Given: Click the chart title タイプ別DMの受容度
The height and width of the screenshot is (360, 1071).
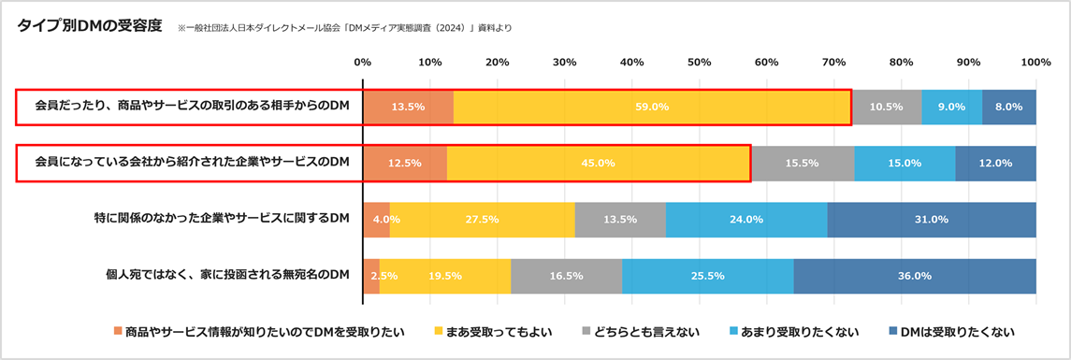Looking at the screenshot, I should pyautogui.click(x=90, y=26).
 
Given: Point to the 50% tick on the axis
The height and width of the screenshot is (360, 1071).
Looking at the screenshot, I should pyautogui.click(x=699, y=63).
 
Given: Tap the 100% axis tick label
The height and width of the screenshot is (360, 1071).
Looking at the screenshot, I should pyautogui.click(x=1035, y=63).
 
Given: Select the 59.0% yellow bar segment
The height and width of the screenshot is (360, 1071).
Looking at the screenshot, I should pyautogui.click(x=652, y=107).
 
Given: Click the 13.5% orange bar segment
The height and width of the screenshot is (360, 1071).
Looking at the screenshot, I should pyautogui.click(x=408, y=107).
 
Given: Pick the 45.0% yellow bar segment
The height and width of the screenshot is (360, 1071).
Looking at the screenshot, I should pyautogui.click(x=599, y=163).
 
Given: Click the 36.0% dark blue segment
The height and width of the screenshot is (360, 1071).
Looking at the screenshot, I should pyautogui.click(x=914, y=276).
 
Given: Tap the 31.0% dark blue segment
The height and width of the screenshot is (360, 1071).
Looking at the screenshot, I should pyautogui.click(x=932, y=220).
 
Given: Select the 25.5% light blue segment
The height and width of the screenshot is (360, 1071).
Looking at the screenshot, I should pyautogui.click(x=708, y=276).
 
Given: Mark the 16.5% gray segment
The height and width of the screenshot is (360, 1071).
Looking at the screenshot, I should pyautogui.click(x=567, y=276).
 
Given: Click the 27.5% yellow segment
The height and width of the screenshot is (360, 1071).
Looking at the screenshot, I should pyautogui.click(x=483, y=220).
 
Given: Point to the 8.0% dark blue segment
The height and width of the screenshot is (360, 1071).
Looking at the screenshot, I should pyautogui.click(x=1009, y=107).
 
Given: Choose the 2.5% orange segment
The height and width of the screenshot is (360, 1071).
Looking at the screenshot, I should pyautogui.click(x=371, y=276).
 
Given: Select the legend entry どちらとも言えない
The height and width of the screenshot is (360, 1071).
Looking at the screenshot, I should pyautogui.click(x=646, y=332).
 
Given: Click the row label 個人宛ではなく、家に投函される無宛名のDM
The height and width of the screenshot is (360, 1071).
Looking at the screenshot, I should pyautogui.click(x=228, y=275).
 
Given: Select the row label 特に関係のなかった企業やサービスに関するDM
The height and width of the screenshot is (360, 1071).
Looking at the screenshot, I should pyautogui.click(x=222, y=219).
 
